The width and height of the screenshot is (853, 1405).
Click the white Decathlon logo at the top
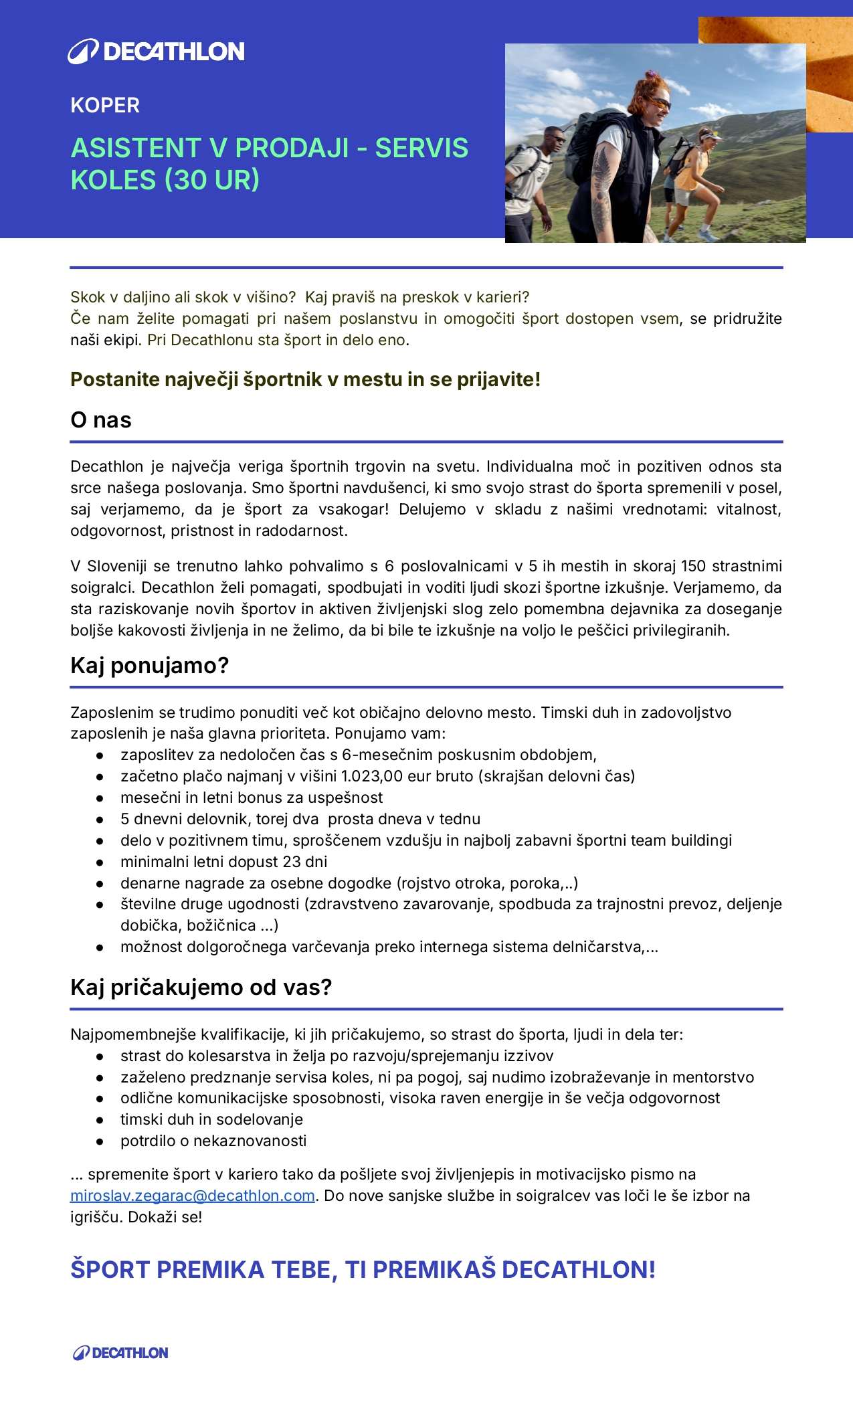(x=156, y=52)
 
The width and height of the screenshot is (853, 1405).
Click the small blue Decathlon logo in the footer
(x=120, y=1352)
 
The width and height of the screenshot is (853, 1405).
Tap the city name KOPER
(x=105, y=106)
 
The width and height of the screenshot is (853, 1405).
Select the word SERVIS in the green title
(x=421, y=148)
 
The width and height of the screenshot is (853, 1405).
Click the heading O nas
(x=101, y=420)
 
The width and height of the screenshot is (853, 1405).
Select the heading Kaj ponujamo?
(x=150, y=666)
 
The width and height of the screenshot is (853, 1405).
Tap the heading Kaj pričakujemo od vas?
(x=201, y=988)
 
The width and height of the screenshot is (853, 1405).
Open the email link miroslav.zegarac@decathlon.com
(x=193, y=1196)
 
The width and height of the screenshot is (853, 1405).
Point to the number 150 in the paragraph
(x=693, y=566)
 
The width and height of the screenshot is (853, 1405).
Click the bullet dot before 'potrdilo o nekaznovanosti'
(x=100, y=1141)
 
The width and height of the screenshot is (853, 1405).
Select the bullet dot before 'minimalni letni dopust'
(x=100, y=862)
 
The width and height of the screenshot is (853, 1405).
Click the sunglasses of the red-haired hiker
(x=658, y=103)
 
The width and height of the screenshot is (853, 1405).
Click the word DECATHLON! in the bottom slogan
(x=579, y=1269)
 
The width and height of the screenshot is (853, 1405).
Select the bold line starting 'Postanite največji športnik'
(x=305, y=379)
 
